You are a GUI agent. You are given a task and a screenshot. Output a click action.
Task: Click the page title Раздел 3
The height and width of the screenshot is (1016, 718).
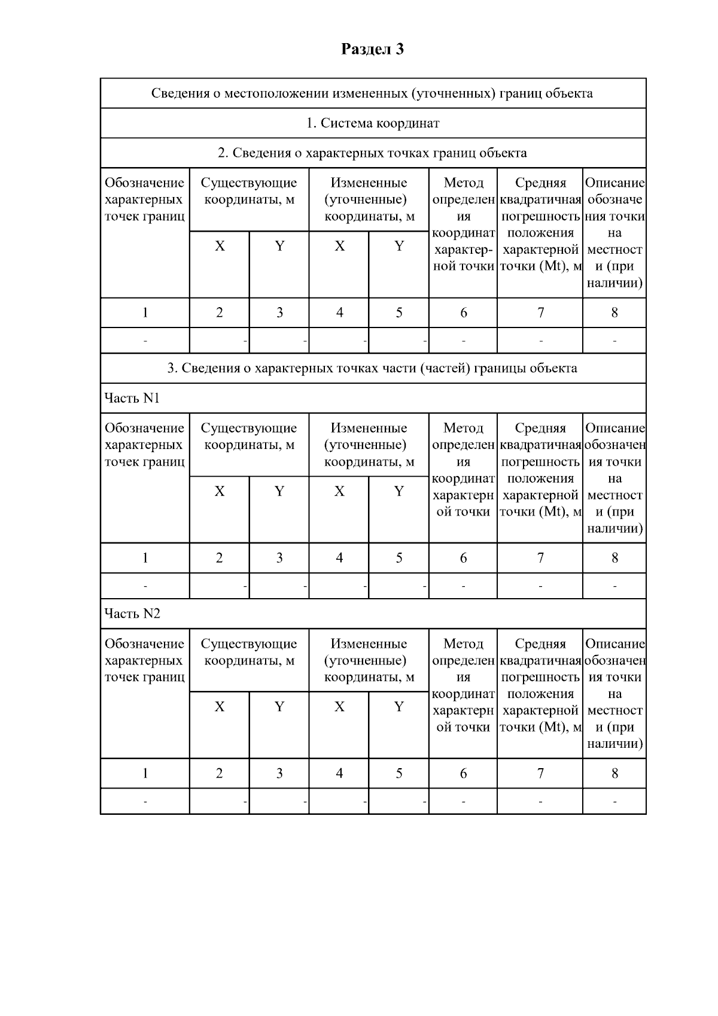[x=372, y=49]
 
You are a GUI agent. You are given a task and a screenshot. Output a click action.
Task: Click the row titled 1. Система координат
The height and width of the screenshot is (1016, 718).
[x=373, y=123]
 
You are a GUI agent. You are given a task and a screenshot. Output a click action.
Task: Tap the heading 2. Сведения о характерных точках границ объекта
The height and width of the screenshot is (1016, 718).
[x=372, y=153]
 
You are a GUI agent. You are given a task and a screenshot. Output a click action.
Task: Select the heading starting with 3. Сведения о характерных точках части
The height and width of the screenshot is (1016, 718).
[x=372, y=368]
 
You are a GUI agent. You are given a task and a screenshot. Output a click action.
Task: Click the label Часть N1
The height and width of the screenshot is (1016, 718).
[x=132, y=399]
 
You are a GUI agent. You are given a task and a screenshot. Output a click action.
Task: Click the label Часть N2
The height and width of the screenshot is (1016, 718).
[x=132, y=614]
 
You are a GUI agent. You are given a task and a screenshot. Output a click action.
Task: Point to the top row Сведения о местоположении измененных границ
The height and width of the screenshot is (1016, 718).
[x=372, y=93]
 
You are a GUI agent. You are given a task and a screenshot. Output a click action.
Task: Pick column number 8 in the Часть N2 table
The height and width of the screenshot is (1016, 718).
[x=614, y=774]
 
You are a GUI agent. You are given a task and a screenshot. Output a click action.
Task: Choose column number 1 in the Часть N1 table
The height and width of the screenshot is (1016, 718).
[x=145, y=558]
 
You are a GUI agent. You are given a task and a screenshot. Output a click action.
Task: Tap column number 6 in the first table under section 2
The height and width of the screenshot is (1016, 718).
[x=463, y=313]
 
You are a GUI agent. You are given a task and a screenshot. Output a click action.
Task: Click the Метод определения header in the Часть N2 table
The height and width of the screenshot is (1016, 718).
[x=463, y=686]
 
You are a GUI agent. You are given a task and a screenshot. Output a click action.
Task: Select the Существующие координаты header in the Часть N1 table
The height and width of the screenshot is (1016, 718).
[x=249, y=436]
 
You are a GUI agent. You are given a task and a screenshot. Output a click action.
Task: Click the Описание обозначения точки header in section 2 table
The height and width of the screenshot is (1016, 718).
[x=614, y=232]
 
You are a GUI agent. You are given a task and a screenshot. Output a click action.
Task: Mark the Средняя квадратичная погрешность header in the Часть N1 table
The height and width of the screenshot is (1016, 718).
[x=540, y=470]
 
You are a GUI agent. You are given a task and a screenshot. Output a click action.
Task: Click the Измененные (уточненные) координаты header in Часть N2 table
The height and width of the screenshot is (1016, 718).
[x=369, y=660]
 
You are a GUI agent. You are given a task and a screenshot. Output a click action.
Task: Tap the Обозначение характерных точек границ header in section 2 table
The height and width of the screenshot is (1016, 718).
[x=145, y=199]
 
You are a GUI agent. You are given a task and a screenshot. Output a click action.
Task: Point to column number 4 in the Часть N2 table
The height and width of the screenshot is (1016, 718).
[x=339, y=774]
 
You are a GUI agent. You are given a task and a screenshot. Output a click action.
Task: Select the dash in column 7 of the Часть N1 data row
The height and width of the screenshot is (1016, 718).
[x=540, y=586]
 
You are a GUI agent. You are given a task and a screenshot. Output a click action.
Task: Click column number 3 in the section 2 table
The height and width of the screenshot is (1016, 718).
[x=279, y=313]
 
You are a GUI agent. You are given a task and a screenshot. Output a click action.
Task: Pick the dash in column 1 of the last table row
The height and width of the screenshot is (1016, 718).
[x=145, y=802]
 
